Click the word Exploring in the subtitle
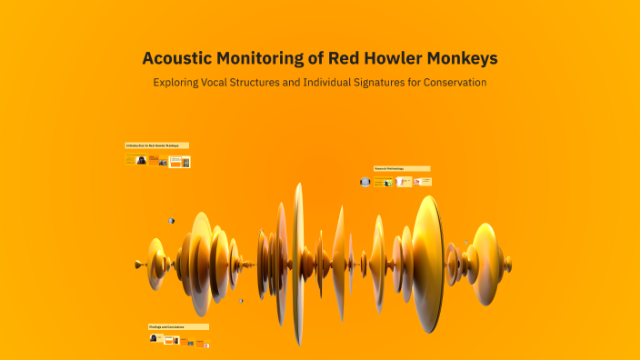[x=181, y=83]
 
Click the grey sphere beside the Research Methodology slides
[x=365, y=182]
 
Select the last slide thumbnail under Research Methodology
[x=423, y=182]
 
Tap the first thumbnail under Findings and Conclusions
[x=155, y=339]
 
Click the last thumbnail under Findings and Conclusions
[x=204, y=344]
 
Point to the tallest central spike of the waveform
[x=297, y=264]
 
